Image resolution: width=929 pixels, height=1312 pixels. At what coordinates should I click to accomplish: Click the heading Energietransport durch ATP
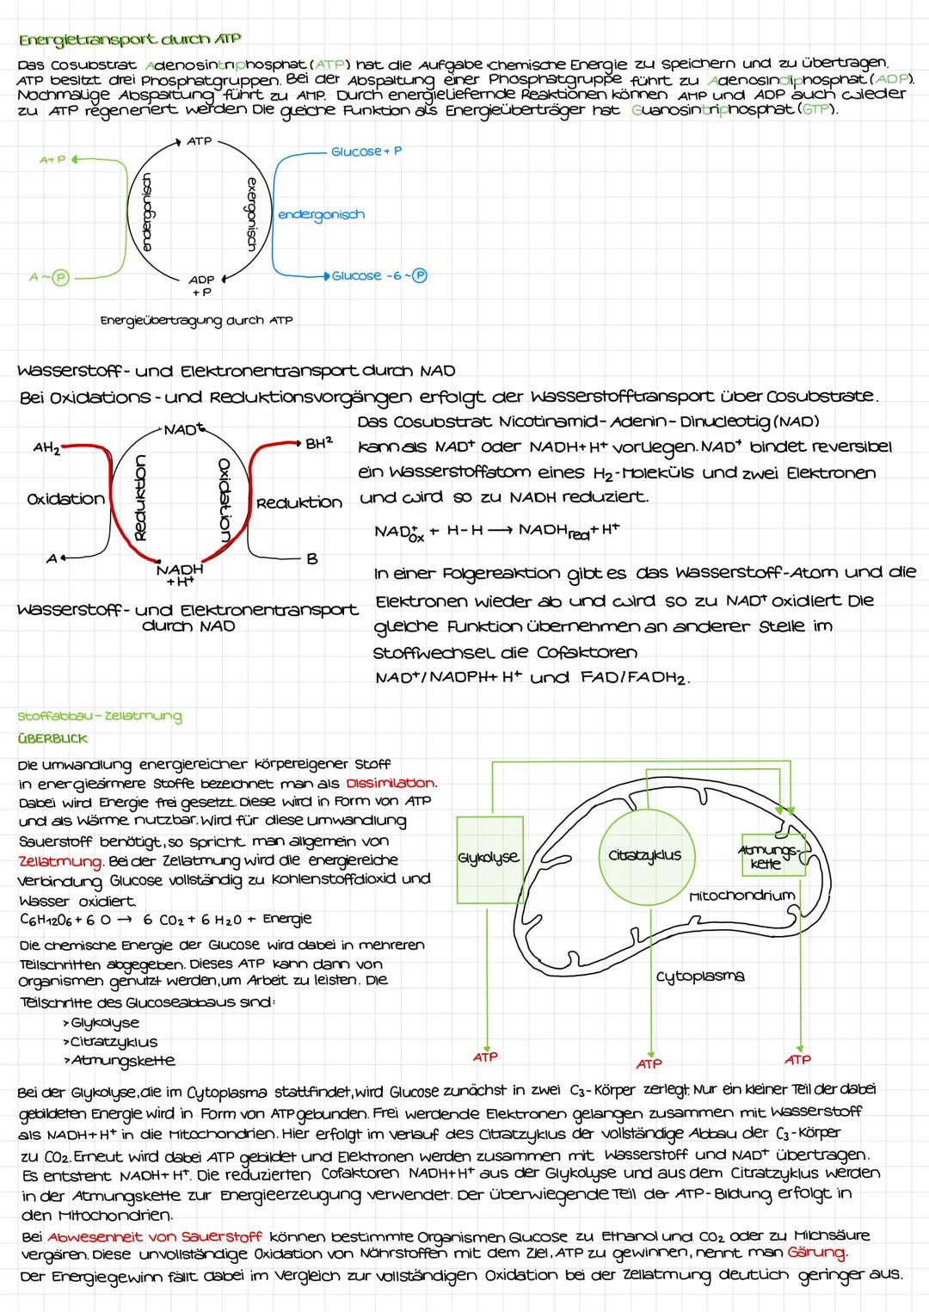click(129, 40)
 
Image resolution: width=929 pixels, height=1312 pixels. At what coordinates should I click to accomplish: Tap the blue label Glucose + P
click(366, 151)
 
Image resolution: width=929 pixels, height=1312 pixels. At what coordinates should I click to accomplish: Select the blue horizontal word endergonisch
click(321, 214)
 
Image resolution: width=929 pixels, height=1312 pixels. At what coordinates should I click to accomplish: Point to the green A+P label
click(52, 160)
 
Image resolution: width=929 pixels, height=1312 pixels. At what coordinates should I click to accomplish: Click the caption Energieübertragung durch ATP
click(196, 320)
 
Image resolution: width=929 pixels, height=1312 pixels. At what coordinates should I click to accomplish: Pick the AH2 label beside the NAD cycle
click(46, 449)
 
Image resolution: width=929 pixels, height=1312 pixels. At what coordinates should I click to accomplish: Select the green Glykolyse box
click(488, 858)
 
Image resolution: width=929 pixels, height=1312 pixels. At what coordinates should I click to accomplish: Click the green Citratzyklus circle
click(644, 855)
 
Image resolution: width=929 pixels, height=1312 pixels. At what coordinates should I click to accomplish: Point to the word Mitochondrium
click(741, 896)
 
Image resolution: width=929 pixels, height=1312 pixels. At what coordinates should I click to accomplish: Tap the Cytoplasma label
click(699, 976)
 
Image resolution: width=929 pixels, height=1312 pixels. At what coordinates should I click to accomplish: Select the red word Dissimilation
click(391, 784)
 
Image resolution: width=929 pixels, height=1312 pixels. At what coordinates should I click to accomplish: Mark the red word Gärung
click(818, 1252)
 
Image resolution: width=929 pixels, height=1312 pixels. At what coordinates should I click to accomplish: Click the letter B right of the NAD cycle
click(311, 559)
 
